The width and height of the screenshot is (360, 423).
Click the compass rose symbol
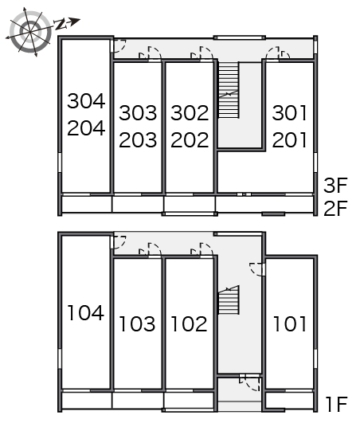(29, 32)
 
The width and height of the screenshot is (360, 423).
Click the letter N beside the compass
(61, 25)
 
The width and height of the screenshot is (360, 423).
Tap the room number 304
(86, 101)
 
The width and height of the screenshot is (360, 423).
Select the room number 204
(86, 128)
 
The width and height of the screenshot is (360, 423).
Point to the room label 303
(138, 113)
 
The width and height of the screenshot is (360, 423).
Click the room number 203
(138, 139)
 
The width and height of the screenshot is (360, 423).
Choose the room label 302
(190, 113)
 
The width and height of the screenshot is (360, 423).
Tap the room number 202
(190, 139)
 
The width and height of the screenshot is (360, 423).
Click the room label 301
(290, 113)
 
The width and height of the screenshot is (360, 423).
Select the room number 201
(290, 139)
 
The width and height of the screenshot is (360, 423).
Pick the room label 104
(86, 312)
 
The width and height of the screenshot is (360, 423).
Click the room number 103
(137, 323)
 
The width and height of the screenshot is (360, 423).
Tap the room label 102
(190, 323)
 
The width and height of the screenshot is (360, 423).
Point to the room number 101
(290, 323)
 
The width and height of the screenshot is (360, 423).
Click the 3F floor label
(335, 186)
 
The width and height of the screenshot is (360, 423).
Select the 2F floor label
(335, 208)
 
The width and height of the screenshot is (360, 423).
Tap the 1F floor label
(337, 404)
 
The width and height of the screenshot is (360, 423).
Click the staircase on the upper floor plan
(229, 90)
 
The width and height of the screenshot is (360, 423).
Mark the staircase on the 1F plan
(229, 300)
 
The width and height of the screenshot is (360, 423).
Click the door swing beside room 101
(256, 269)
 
